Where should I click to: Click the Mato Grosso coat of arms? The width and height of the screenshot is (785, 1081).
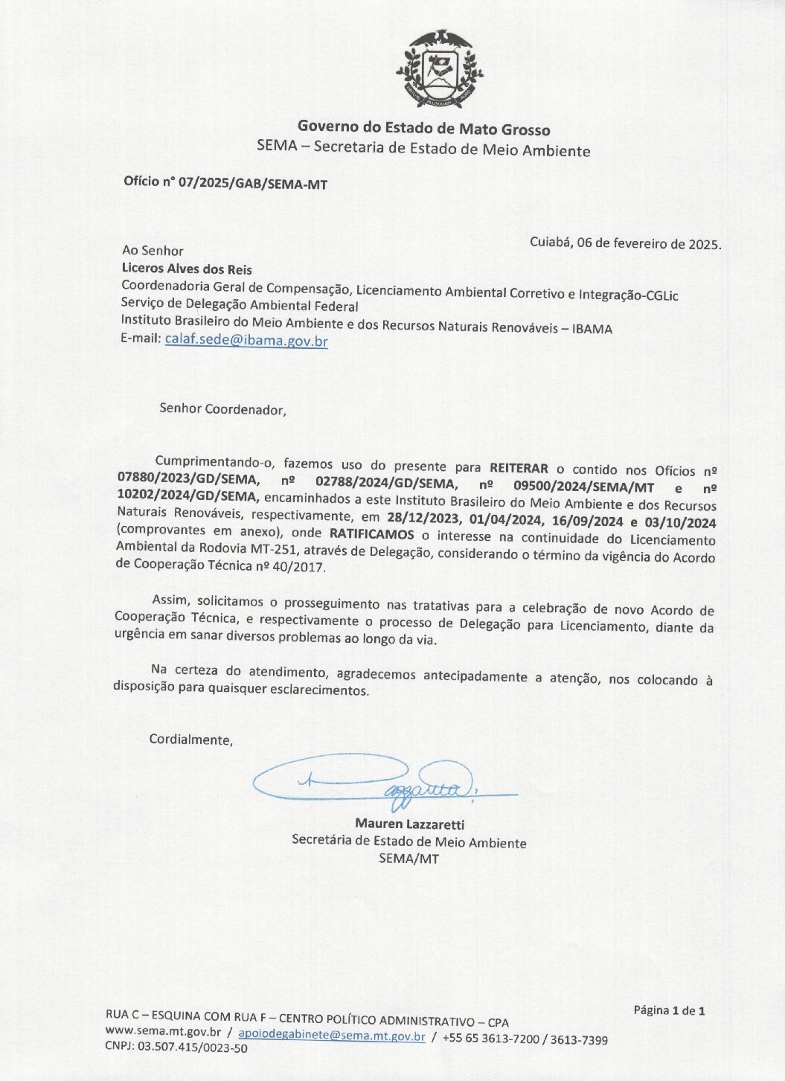(439, 69)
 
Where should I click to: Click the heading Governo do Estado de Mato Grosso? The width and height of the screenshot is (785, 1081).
(423, 128)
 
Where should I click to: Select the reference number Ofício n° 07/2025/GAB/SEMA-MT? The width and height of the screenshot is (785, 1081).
(225, 182)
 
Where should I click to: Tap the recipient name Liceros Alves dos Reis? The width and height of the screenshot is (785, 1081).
(187, 269)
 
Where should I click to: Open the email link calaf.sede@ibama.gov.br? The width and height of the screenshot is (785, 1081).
(246, 341)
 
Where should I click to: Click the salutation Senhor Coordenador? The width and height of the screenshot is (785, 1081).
(222, 409)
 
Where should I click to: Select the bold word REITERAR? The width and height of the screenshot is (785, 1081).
(519, 469)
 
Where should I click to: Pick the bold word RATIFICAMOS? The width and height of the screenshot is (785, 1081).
(371, 533)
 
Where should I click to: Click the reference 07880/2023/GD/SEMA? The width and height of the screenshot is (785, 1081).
(188, 478)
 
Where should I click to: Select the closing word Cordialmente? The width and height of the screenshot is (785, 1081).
(190, 740)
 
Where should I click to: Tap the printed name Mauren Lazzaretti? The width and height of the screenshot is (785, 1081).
(409, 824)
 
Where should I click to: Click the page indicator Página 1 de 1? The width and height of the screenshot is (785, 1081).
(669, 1010)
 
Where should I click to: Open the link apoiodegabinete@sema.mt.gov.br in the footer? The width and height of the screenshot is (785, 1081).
(332, 1036)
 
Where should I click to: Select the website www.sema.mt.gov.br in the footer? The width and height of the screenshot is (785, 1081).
(163, 1032)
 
